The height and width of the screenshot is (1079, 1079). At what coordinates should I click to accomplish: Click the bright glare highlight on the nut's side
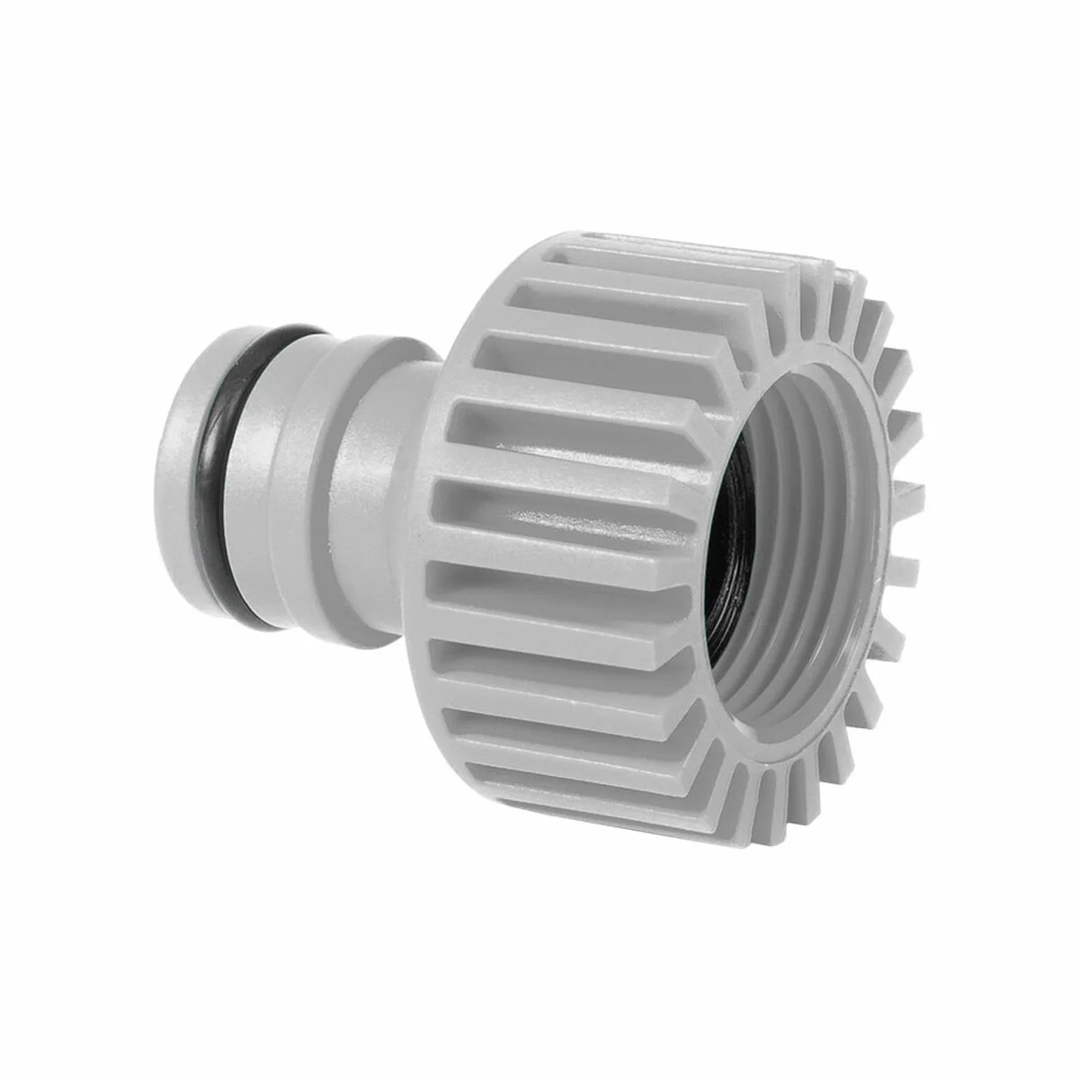539,522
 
